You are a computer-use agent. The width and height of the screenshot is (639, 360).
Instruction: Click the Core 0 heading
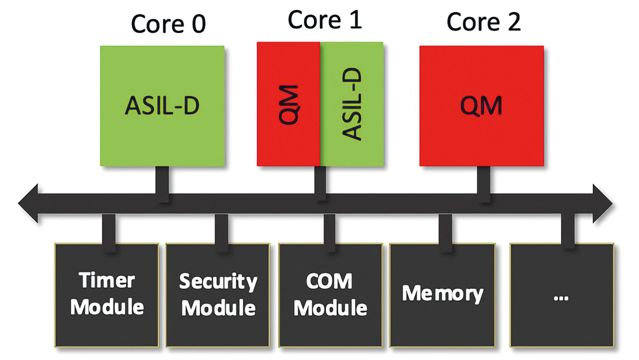point(168,23)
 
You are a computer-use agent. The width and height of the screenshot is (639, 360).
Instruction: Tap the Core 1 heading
point(324,20)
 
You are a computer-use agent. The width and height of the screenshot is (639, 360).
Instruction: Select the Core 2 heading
point(483,22)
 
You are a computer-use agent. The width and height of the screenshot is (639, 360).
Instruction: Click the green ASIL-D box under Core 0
point(162,106)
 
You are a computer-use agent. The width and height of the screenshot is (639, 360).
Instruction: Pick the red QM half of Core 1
point(289,104)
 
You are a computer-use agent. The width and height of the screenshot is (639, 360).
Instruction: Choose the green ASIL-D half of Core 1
point(352,104)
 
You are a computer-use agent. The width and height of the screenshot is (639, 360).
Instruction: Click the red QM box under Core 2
point(481,106)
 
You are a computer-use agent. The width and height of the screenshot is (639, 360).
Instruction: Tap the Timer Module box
point(107,295)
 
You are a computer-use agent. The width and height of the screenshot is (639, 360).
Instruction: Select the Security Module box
point(218,295)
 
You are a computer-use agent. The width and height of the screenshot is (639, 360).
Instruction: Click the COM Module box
point(330,295)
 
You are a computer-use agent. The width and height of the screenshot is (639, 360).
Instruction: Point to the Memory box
point(442,295)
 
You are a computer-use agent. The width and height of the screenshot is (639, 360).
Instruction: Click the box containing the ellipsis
point(562,295)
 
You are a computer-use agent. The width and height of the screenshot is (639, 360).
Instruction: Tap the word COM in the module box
point(329,282)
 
